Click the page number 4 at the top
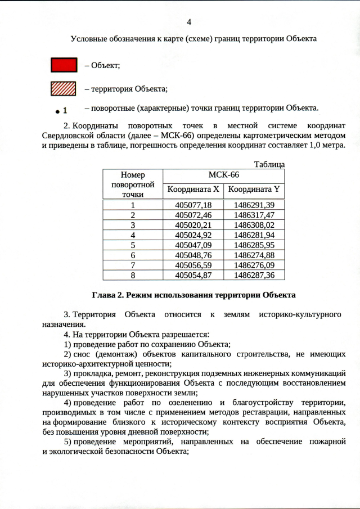tap(189, 22)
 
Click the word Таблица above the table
tap(269, 164)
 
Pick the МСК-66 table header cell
tap(223, 175)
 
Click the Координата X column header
tap(193, 190)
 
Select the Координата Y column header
tap(254, 190)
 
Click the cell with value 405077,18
tap(193, 205)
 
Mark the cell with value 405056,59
tap(193, 265)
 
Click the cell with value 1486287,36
tap(254, 275)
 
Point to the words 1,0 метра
tap(324, 145)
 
